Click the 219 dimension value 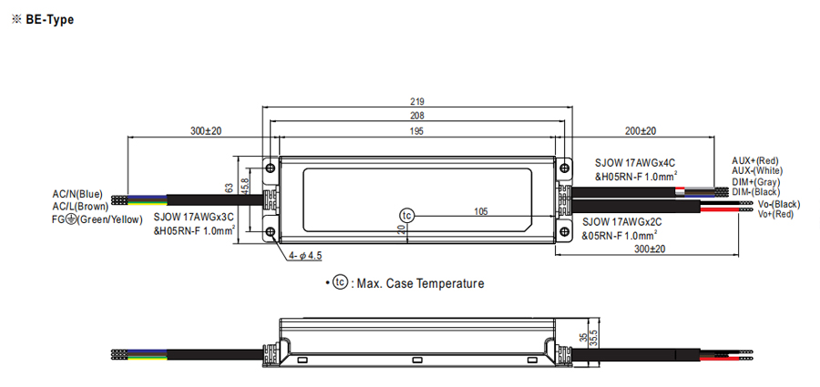click(x=417, y=102)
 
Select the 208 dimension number click(x=417, y=117)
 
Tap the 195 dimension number click(x=417, y=132)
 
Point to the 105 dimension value click(x=480, y=211)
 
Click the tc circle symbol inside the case click(x=406, y=214)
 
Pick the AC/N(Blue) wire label click(x=77, y=194)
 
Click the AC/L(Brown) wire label click(x=79, y=206)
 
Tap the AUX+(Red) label click(x=756, y=160)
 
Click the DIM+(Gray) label click(x=756, y=181)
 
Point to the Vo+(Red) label click(x=776, y=214)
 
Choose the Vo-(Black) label click(x=779, y=204)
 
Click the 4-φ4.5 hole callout click(x=306, y=256)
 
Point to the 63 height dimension click(x=230, y=188)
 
